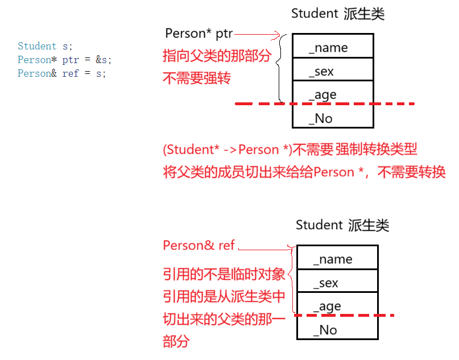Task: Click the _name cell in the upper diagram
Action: point(333,47)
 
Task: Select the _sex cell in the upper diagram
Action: point(333,71)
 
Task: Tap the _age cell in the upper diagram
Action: point(333,94)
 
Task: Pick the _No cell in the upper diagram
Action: point(333,118)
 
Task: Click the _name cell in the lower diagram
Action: point(337,259)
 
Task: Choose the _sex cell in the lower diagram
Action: point(337,283)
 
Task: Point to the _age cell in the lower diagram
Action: point(337,306)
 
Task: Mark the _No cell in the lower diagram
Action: point(337,330)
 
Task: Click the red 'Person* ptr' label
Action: point(199,34)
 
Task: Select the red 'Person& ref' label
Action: point(199,246)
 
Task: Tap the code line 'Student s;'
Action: point(45,46)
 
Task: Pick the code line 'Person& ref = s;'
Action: point(61,73)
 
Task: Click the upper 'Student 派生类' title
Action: point(338,14)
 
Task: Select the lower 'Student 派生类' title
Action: point(342,225)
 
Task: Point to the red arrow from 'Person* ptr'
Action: point(257,35)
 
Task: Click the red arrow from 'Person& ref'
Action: point(264,248)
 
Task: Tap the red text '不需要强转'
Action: point(197,78)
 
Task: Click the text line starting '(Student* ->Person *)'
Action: point(290,150)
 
